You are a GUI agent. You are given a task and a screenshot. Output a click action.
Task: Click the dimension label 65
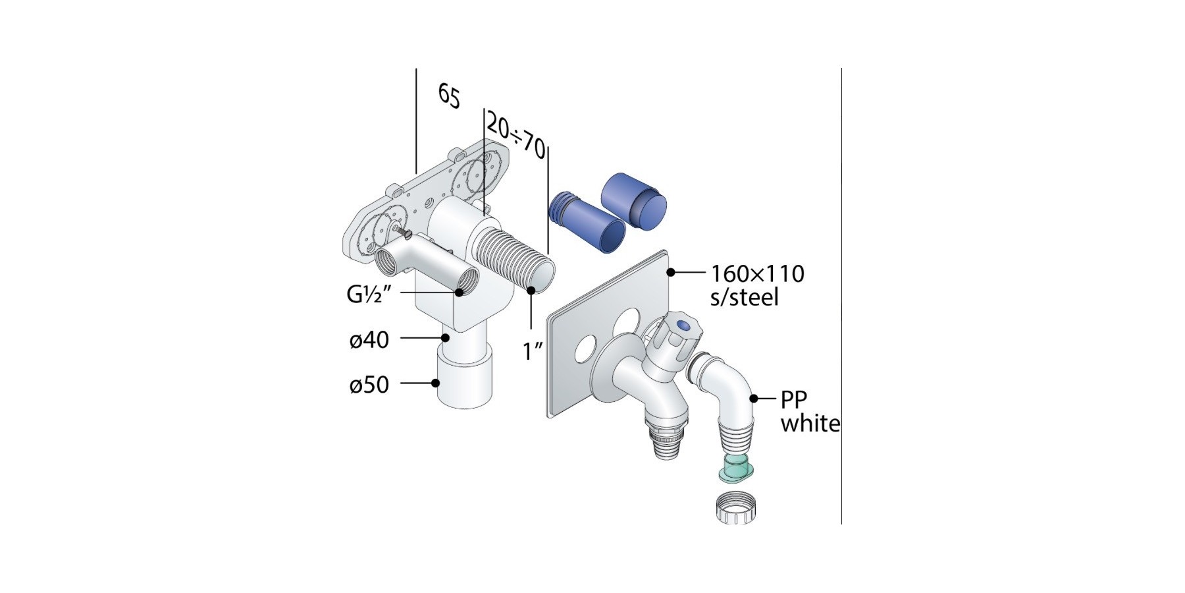tap(449, 96)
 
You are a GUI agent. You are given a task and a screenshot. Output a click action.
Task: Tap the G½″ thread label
tap(369, 295)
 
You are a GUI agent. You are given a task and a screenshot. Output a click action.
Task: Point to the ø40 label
tap(369, 340)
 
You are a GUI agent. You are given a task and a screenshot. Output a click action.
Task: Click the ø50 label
tap(369, 384)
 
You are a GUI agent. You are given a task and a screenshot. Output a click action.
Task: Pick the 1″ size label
tap(533, 351)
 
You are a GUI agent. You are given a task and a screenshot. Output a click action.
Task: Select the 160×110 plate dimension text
tap(757, 273)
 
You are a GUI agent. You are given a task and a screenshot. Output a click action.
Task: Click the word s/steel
tap(744, 297)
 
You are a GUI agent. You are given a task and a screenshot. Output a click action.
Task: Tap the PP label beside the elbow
tap(794, 399)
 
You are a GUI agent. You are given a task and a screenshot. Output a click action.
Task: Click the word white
tap(810, 423)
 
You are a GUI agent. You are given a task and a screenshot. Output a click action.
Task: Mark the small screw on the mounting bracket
tap(402, 231)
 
